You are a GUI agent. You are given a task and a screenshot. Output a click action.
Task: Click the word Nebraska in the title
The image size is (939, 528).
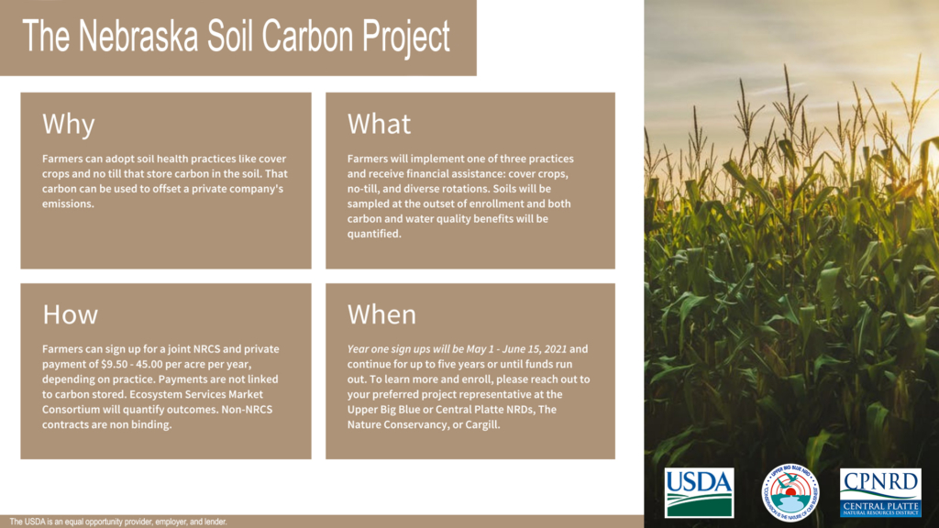point(138,37)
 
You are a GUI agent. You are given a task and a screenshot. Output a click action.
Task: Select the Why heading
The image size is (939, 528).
point(68,125)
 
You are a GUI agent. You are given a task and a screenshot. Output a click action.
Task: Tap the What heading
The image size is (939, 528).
point(379,124)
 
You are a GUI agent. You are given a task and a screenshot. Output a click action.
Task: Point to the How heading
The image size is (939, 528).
point(70,314)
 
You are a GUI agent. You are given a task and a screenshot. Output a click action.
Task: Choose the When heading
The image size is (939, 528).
point(381,314)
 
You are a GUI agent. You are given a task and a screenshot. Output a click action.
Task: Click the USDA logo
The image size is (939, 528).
point(699,492)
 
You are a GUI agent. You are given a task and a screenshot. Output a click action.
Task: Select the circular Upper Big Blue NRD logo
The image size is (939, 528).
point(790,492)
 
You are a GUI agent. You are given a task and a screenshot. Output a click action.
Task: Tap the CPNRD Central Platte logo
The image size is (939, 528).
point(880,492)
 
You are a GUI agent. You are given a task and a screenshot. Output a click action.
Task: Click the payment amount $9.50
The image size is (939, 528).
point(115,364)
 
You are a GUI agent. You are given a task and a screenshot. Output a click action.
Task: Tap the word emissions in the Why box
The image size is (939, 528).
point(68,203)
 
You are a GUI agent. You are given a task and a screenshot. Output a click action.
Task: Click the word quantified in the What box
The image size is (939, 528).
point(374,234)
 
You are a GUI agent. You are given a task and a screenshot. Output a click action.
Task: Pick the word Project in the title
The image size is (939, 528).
point(405,38)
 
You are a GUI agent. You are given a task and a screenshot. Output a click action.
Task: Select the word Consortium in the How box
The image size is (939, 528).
point(71,410)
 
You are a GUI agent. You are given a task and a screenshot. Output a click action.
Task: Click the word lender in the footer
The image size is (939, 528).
point(215,522)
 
